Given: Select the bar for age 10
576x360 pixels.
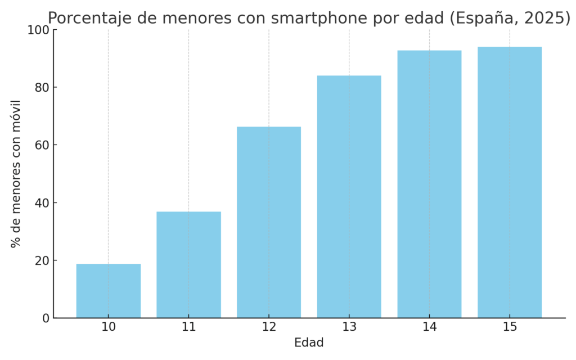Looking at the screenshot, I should (x=109, y=291).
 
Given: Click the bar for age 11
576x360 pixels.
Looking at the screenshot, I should (x=188, y=264).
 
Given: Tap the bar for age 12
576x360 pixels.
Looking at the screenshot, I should (x=269, y=222).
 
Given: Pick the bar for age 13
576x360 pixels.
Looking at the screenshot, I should (x=349, y=197).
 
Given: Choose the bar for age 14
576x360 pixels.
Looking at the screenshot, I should (x=429, y=184).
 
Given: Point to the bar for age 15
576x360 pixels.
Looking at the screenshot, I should (x=510, y=182).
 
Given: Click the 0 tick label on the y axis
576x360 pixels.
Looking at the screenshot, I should (x=45, y=318).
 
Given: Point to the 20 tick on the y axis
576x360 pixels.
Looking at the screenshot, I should (x=42, y=260).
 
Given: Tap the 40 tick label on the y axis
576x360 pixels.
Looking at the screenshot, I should (x=42, y=202).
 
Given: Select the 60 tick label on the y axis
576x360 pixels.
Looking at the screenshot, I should (x=42, y=145).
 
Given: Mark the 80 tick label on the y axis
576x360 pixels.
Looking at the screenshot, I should (x=42, y=87).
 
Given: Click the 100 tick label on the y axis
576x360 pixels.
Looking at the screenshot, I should (x=38, y=30).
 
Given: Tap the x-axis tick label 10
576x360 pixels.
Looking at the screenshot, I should (x=109, y=327).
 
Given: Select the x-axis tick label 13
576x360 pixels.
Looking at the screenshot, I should (x=349, y=327).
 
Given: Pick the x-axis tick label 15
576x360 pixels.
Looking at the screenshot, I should (x=510, y=327).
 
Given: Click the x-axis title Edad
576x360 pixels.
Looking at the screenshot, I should (x=309, y=343).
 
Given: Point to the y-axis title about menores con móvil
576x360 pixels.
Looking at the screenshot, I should (x=16, y=173).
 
